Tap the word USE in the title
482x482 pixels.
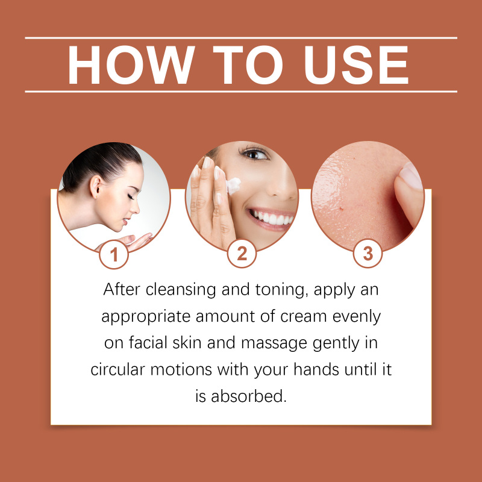pos(356,65)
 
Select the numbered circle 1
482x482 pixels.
pos(114,254)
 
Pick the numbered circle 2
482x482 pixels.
pos(242,254)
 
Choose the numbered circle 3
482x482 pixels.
pos(368,254)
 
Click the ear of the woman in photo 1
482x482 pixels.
pos(95,187)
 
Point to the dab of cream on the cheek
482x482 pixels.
pos(233,186)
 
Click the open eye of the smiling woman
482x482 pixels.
pos(254,154)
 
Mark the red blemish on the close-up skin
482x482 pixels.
pos(341,209)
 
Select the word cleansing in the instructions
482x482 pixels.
pos(181,290)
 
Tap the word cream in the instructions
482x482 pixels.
pos(304,317)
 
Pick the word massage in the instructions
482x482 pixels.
pos(274,343)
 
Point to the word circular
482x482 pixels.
pos(117,369)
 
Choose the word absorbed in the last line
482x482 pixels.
pos(249,396)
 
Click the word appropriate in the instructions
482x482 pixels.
pos(146,318)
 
